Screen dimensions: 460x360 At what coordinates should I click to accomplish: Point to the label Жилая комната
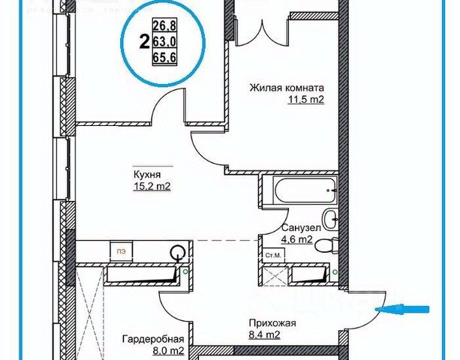(287, 87)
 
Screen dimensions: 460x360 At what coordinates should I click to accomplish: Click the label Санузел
(302, 227)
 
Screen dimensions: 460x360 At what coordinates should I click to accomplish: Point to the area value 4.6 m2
(296, 240)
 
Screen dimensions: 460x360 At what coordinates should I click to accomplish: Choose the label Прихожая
(274, 323)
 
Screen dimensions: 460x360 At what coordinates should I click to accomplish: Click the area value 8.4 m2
(265, 336)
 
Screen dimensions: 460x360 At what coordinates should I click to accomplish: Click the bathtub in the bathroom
(298, 192)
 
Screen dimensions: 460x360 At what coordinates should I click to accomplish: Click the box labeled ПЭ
(119, 250)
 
